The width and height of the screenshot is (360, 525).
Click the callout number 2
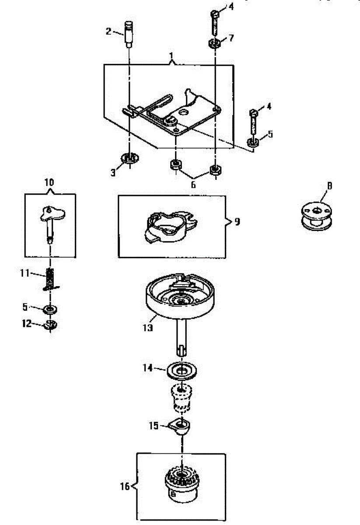pyautogui.click(x=107, y=31)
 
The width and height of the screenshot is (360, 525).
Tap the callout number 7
pyautogui.click(x=231, y=38)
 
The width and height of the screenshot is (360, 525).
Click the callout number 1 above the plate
pyautogui.click(x=171, y=56)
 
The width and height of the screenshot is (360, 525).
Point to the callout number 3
pyautogui.click(x=113, y=172)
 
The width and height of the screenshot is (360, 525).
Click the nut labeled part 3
pyautogui.click(x=129, y=158)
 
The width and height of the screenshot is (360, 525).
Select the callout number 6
pyautogui.click(x=193, y=185)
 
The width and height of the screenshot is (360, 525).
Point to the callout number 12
pyautogui.click(x=27, y=324)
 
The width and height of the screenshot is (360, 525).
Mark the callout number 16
pyautogui.click(x=125, y=486)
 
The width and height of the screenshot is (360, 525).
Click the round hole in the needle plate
pyautogui.click(x=182, y=112)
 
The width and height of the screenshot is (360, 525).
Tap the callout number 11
pyautogui.click(x=25, y=273)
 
